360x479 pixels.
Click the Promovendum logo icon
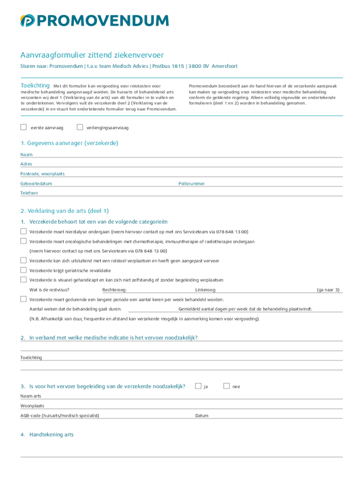[x=28, y=21]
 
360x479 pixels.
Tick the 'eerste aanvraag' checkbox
[x=23, y=127]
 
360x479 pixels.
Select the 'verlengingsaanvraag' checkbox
[x=79, y=127]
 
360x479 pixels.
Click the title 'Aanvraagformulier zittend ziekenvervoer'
[x=92, y=55]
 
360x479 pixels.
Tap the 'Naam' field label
[x=26, y=154]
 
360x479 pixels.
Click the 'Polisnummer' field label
[x=192, y=184]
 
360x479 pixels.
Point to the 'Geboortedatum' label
[x=36, y=184]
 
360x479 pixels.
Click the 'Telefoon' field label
[x=29, y=193]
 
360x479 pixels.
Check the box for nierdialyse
[x=23, y=232]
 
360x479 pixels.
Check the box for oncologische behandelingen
[x=23, y=241]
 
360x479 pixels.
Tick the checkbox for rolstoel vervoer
[x=23, y=261]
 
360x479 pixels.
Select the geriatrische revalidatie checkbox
[x=23, y=270]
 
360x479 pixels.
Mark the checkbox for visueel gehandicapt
[x=23, y=280]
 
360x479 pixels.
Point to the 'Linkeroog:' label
[x=206, y=290]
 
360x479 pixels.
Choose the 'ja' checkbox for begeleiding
[x=198, y=386]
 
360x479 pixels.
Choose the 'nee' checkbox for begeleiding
[x=227, y=386]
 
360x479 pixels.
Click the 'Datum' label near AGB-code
[x=202, y=415]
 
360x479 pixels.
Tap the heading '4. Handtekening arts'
[x=47, y=435]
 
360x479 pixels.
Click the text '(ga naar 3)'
[x=328, y=290]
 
